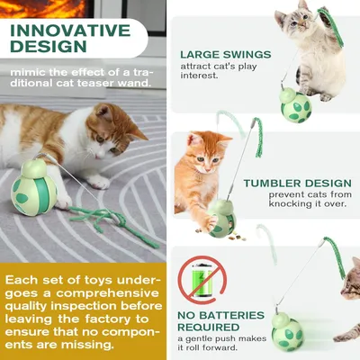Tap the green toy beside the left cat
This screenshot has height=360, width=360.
click(x=34, y=184)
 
